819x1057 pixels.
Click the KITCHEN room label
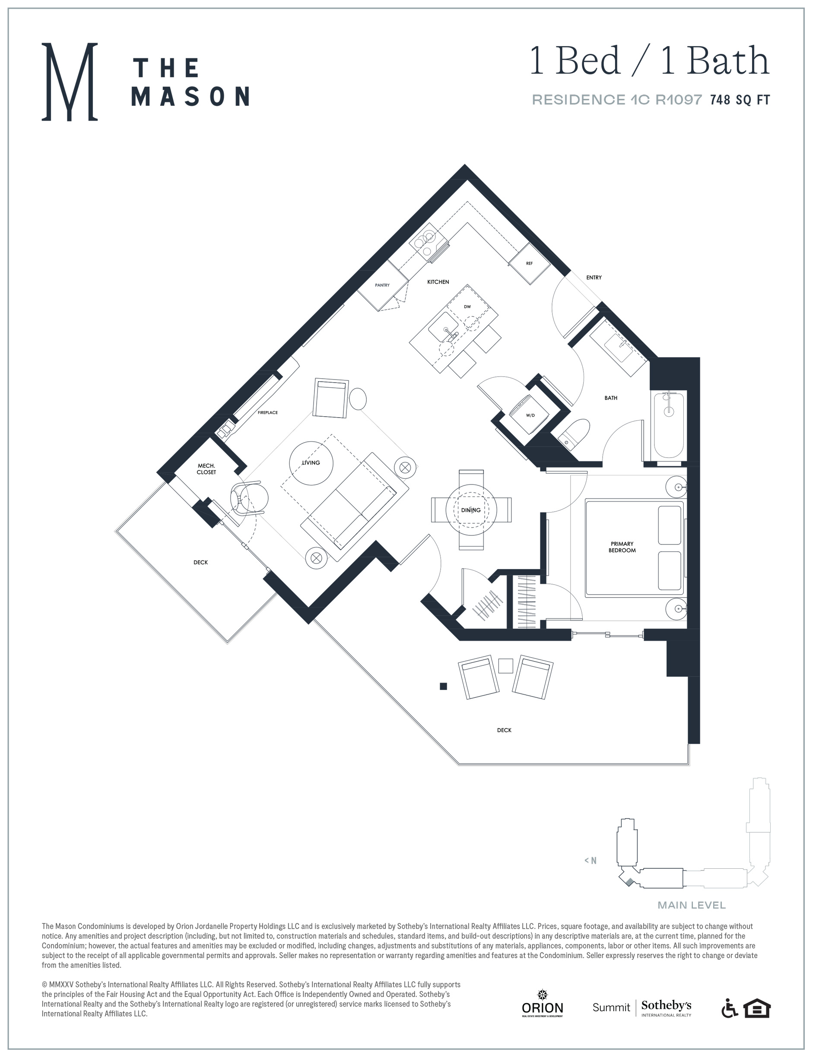coord(438,282)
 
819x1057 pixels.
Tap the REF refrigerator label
coord(529,263)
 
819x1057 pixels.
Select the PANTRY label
coord(382,285)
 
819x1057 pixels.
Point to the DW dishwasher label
coord(467,307)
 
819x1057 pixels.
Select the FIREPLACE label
coord(268,412)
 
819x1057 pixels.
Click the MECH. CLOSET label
coord(206,468)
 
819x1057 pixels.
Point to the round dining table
coord(471,510)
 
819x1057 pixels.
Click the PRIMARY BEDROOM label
coord(622,547)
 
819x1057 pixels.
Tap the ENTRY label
coord(594,277)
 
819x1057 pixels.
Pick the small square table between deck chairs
coord(505,666)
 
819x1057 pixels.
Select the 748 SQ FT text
coord(740,100)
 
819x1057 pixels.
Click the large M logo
coord(70,81)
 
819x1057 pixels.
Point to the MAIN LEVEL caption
coord(691,905)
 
